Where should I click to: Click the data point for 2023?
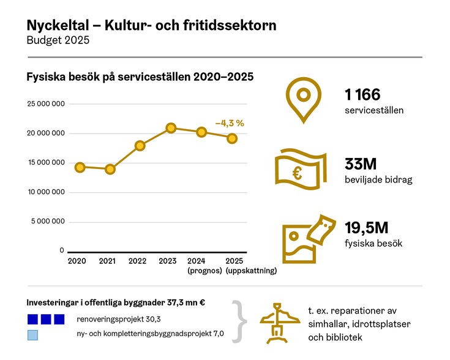coord(171,128)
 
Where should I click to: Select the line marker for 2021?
coord(110,169)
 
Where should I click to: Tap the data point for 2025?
coord(232,138)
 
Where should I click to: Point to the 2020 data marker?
coord(80,167)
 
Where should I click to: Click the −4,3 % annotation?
coord(230,123)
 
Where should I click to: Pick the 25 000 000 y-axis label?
coord(45,104)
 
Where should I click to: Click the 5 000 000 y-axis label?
coord(47,222)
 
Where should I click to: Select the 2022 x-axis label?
coord(137,261)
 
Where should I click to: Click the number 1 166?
coord(362,95)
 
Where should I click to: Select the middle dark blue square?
coord(46,319)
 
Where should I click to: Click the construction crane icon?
coord(280,321)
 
